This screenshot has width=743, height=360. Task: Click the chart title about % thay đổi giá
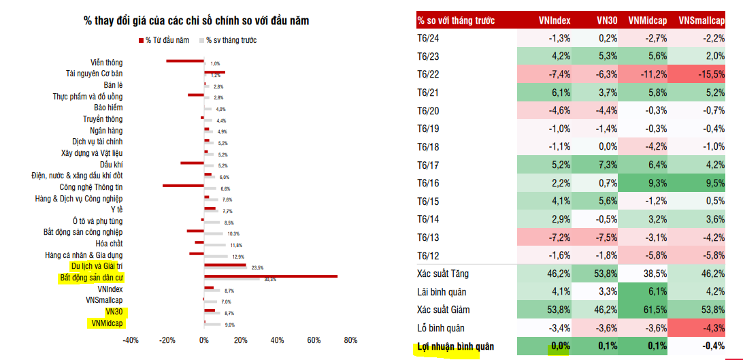coord(196,21)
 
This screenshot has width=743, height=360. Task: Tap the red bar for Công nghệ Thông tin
coord(184,185)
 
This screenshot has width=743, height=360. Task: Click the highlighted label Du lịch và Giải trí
coord(97,266)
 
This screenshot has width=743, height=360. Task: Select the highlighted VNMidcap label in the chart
coord(105,323)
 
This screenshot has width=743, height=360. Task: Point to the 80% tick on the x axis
coord(350,340)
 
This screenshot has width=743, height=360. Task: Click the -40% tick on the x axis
coord(131,340)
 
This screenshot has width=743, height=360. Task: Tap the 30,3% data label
coord(270,280)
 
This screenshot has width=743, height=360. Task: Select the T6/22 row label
coord(428,74)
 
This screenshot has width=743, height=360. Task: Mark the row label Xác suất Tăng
coord(443,274)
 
